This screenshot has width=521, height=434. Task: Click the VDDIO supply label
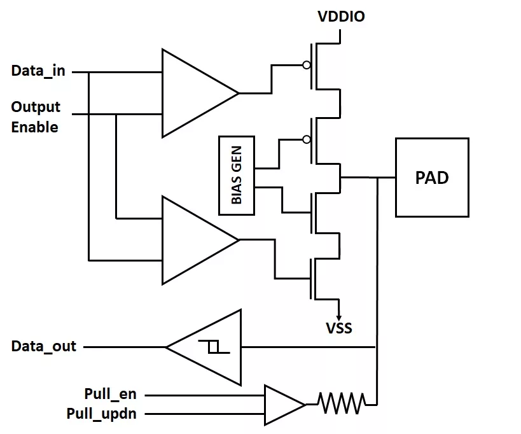(x=341, y=17)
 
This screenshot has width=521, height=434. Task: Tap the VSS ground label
(x=339, y=328)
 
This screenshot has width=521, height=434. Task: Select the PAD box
(x=432, y=178)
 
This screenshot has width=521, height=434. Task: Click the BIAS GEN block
(x=237, y=176)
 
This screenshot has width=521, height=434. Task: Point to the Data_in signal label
(x=38, y=71)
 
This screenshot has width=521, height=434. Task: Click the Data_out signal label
(x=44, y=346)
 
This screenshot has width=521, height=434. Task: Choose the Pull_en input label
(x=110, y=395)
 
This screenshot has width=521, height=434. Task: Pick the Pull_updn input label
(x=102, y=414)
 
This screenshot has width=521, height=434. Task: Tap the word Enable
(x=34, y=127)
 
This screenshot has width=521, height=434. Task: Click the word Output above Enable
(x=36, y=108)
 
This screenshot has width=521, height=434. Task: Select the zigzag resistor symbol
(x=342, y=403)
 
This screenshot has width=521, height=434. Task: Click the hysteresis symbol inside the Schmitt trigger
(x=214, y=347)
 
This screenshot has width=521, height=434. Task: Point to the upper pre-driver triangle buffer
(x=200, y=94)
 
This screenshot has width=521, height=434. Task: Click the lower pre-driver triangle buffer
(x=200, y=241)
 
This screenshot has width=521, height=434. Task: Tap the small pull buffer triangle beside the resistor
(x=285, y=405)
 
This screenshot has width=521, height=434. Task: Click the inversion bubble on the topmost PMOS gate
(x=307, y=65)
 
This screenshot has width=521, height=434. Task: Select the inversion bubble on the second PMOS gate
(x=307, y=139)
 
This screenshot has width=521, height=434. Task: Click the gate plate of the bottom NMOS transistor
(x=310, y=279)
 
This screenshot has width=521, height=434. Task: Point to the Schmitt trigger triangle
(x=204, y=347)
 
